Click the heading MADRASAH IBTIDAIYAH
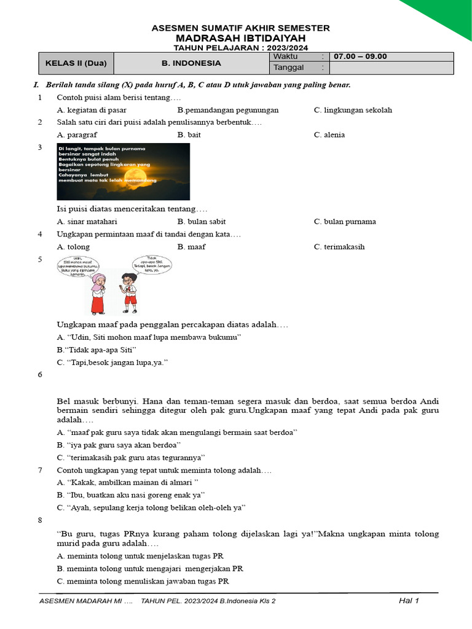coord(240,37)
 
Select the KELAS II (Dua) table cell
coord(76,63)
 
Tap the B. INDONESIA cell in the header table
coord(191,63)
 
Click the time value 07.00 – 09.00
coord(360,57)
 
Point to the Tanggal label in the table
coord(288,68)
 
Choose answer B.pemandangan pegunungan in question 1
coord(227,110)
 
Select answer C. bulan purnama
coord(345,221)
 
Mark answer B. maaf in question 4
coord(191,246)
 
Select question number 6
coord(40,374)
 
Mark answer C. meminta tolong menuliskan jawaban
coord(143,580)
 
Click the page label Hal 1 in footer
coord(409,601)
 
